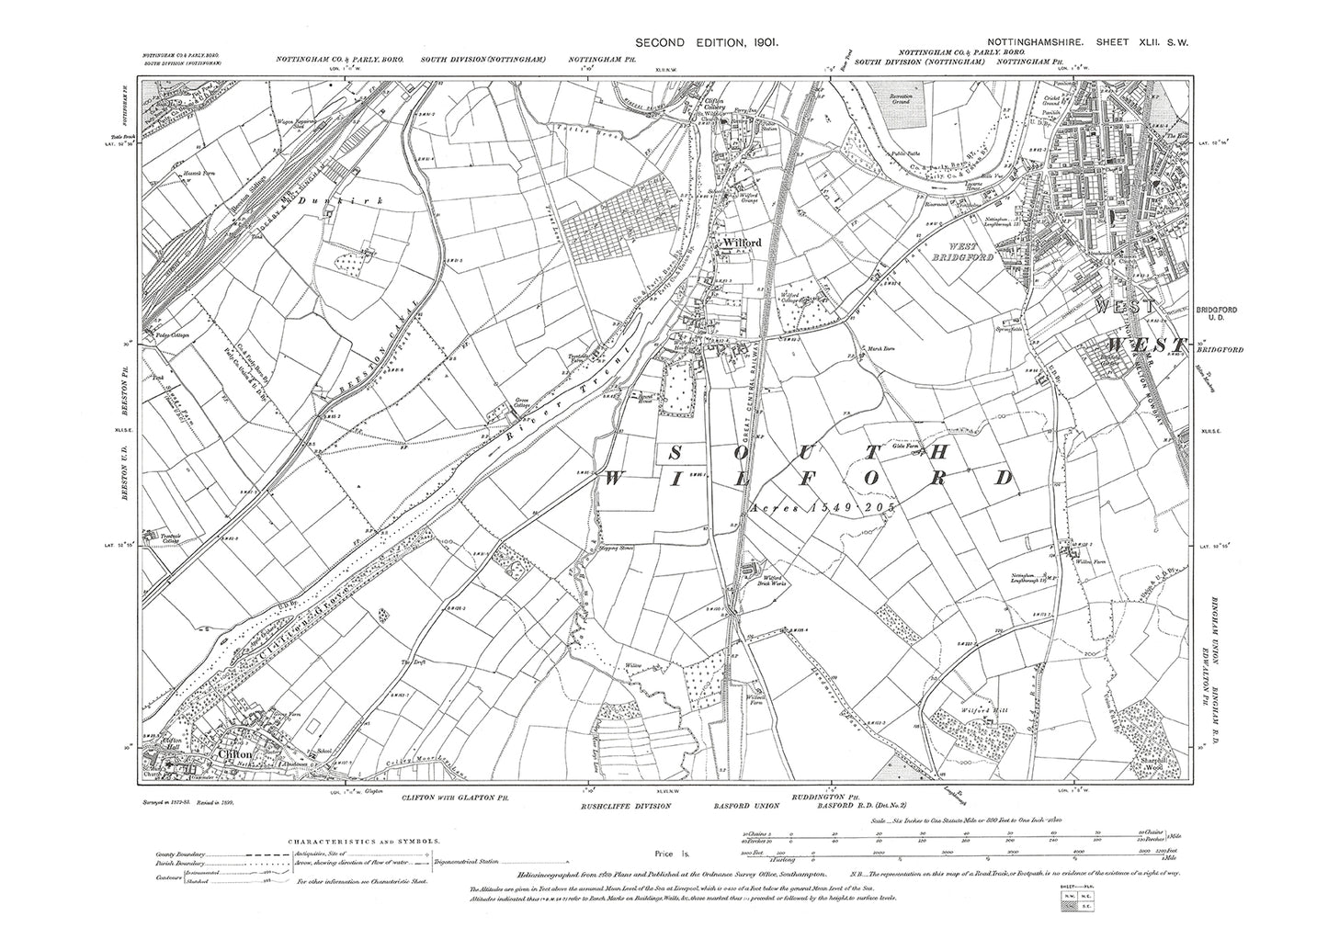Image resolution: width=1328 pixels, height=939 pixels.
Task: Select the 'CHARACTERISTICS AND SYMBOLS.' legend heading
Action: tap(366, 841)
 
